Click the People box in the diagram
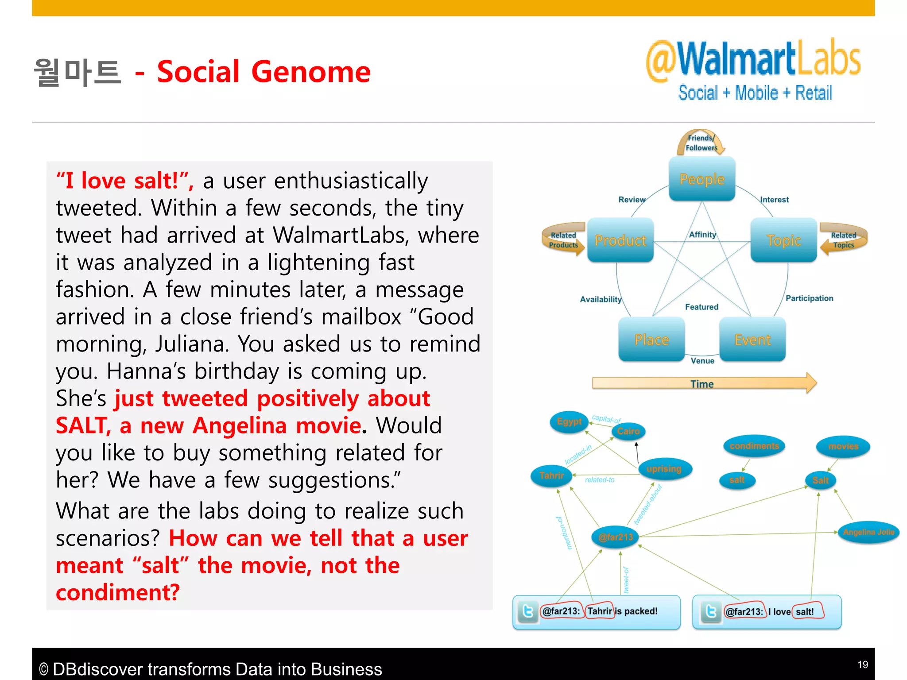coord(702,179)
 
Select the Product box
coord(620,240)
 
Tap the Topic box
coord(783,240)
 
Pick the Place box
coord(651,340)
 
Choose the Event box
coord(752,340)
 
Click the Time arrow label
coord(702,383)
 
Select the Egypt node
coord(569,421)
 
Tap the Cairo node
coord(628,431)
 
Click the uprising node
coord(664,469)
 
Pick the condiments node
coord(754,446)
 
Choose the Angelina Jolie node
coord(868,532)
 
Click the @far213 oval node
coord(616,537)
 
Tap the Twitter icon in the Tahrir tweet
coord(528,611)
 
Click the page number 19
coord(862,665)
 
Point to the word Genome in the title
coord(311,72)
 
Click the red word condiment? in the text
coord(118,592)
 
